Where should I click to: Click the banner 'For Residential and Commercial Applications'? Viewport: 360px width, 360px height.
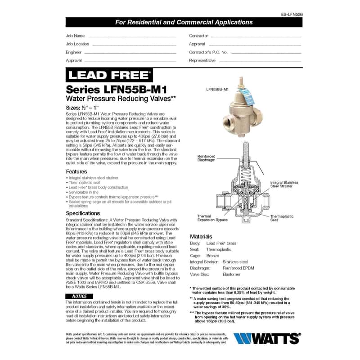184,22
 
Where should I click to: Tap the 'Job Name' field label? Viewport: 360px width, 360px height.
75,36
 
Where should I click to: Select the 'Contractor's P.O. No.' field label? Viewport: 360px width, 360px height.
208,52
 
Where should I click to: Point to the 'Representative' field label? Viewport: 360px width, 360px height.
202,60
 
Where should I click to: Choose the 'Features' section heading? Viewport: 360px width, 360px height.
76,171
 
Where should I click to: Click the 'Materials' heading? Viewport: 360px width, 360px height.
201,236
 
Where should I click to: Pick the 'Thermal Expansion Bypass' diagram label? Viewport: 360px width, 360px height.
212,218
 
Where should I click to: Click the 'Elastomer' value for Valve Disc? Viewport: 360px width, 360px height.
232,274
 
